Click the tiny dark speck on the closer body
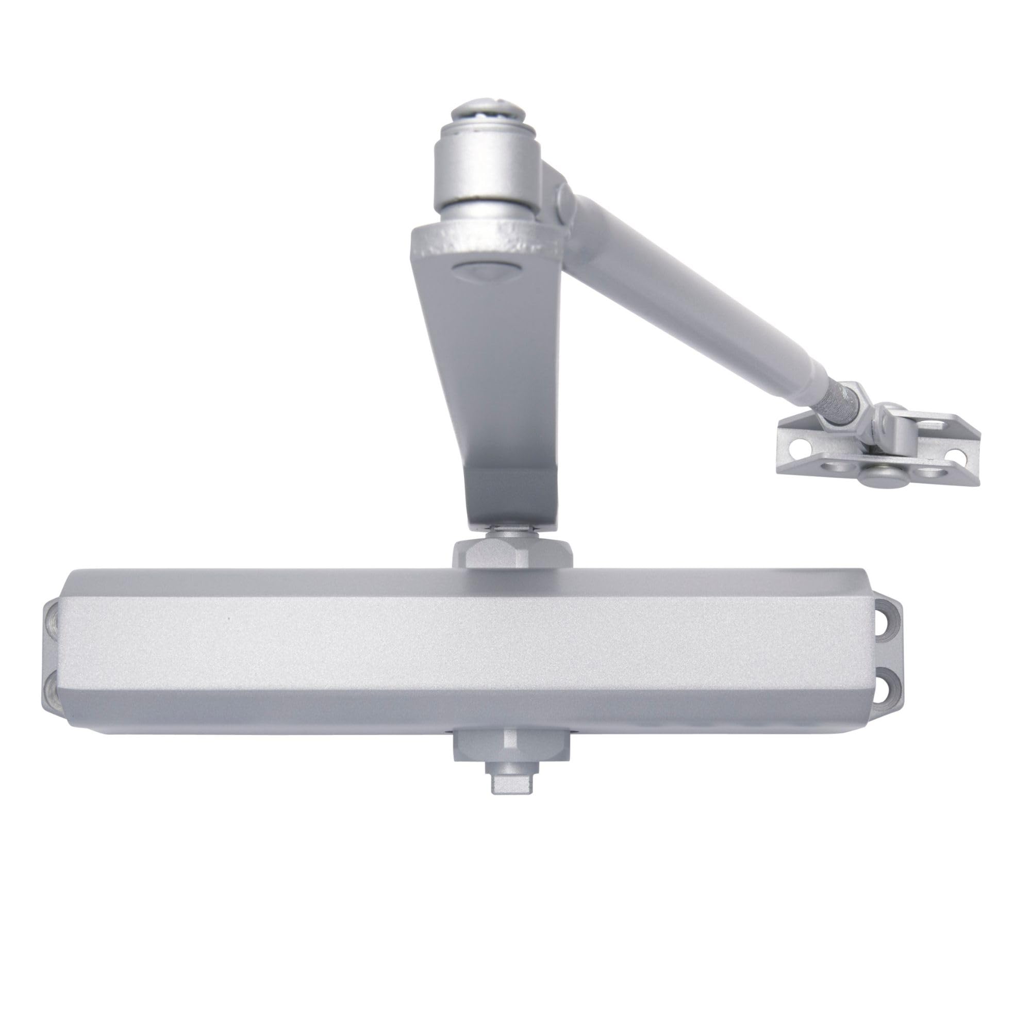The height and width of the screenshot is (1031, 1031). pos(229,619)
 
